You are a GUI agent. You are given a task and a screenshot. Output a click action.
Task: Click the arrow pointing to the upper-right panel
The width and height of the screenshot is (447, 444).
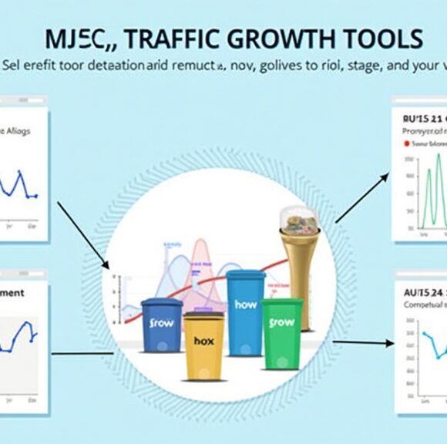[361, 198]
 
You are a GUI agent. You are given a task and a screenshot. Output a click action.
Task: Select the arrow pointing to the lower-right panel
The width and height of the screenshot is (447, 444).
[362, 342]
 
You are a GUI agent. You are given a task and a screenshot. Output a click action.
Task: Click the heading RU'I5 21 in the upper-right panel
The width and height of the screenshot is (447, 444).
[421, 119]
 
